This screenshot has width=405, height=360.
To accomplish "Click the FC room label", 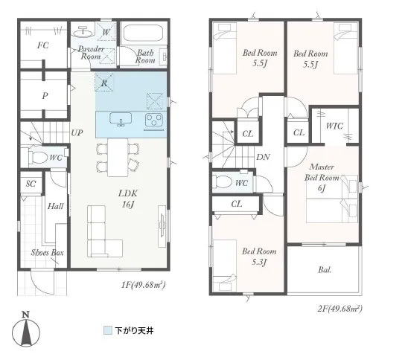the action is point(43,45).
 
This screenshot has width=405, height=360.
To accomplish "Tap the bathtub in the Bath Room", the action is point(143,33).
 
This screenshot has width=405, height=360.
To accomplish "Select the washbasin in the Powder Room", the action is point(83,32).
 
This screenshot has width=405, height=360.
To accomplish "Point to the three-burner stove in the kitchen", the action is point(154,120).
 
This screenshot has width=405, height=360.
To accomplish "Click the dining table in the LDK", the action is point(118,158).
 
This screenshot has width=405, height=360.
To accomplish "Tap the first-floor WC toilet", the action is point(39,157).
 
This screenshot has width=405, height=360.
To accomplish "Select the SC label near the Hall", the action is point(31,184).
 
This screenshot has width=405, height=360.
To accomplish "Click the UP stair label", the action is point(77,133).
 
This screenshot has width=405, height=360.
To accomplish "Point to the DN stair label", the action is point(264,157).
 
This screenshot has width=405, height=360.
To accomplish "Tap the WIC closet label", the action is point(334,126).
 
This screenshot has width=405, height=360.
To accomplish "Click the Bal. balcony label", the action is point(325,270).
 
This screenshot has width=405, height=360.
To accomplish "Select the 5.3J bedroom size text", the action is point(259,263).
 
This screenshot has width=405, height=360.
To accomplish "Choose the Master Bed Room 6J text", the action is point(322,178).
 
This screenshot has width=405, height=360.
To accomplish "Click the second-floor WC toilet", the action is point(223,181).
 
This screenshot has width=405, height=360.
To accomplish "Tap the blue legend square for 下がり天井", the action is point(108,330).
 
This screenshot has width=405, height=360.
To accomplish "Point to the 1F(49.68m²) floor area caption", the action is point(144,285).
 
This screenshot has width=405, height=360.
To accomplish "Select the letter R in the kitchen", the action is point(104,83).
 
